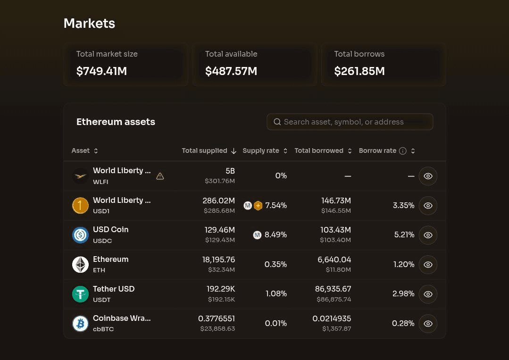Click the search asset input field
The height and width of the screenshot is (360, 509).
click(x=350, y=122)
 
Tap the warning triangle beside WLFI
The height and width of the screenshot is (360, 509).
click(x=160, y=176)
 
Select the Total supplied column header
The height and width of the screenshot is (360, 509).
click(x=205, y=151)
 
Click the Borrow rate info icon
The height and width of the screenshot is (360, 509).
click(x=402, y=151)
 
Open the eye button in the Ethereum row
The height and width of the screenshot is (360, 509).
click(x=428, y=265)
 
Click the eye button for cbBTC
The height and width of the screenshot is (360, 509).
click(x=428, y=324)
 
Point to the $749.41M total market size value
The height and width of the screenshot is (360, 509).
click(x=101, y=71)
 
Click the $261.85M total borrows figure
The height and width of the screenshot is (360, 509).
click(x=359, y=71)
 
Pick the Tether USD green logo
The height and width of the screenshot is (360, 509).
click(x=80, y=294)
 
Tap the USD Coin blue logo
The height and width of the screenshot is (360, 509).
click(x=80, y=235)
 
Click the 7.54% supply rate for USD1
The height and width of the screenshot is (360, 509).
click(x=276, y=206)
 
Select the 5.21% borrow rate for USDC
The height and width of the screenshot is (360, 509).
click(x=404, y=234)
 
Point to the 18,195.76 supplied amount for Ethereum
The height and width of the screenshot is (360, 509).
click(x=218, y=260)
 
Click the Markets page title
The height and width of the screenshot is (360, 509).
click(x=89, y=24)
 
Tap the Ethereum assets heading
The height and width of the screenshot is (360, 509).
click(x=116, y=122)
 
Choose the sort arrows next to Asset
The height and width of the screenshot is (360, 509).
click(x=96, y=151)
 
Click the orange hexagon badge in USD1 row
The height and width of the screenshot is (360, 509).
click(x=258, y=206)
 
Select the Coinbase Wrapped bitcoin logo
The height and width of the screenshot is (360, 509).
click(x=80, y=324)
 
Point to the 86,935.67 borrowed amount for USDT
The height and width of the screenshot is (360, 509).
click(x=333, y=289)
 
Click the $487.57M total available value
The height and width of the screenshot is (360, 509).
click(x=231, y=71)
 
